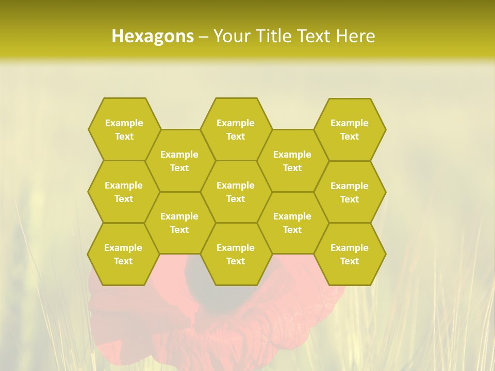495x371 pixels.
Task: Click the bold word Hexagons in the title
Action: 153,36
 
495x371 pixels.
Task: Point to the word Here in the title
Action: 355,36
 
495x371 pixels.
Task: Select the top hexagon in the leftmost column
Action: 124,129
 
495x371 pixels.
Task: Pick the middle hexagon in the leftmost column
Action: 124,192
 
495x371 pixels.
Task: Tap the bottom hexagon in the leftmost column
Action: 123,254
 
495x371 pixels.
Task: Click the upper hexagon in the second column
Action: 179,161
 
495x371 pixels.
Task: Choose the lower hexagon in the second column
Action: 179,223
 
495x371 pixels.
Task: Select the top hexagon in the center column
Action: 236,129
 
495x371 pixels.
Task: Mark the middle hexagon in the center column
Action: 236,192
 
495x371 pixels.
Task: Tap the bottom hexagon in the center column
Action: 236,254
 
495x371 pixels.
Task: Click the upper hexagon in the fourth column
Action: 292,161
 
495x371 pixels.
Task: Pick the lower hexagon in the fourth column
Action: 292,223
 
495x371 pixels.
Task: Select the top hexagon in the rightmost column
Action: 350,129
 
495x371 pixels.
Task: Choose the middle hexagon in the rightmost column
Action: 350,192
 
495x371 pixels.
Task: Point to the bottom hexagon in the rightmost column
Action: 350,254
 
